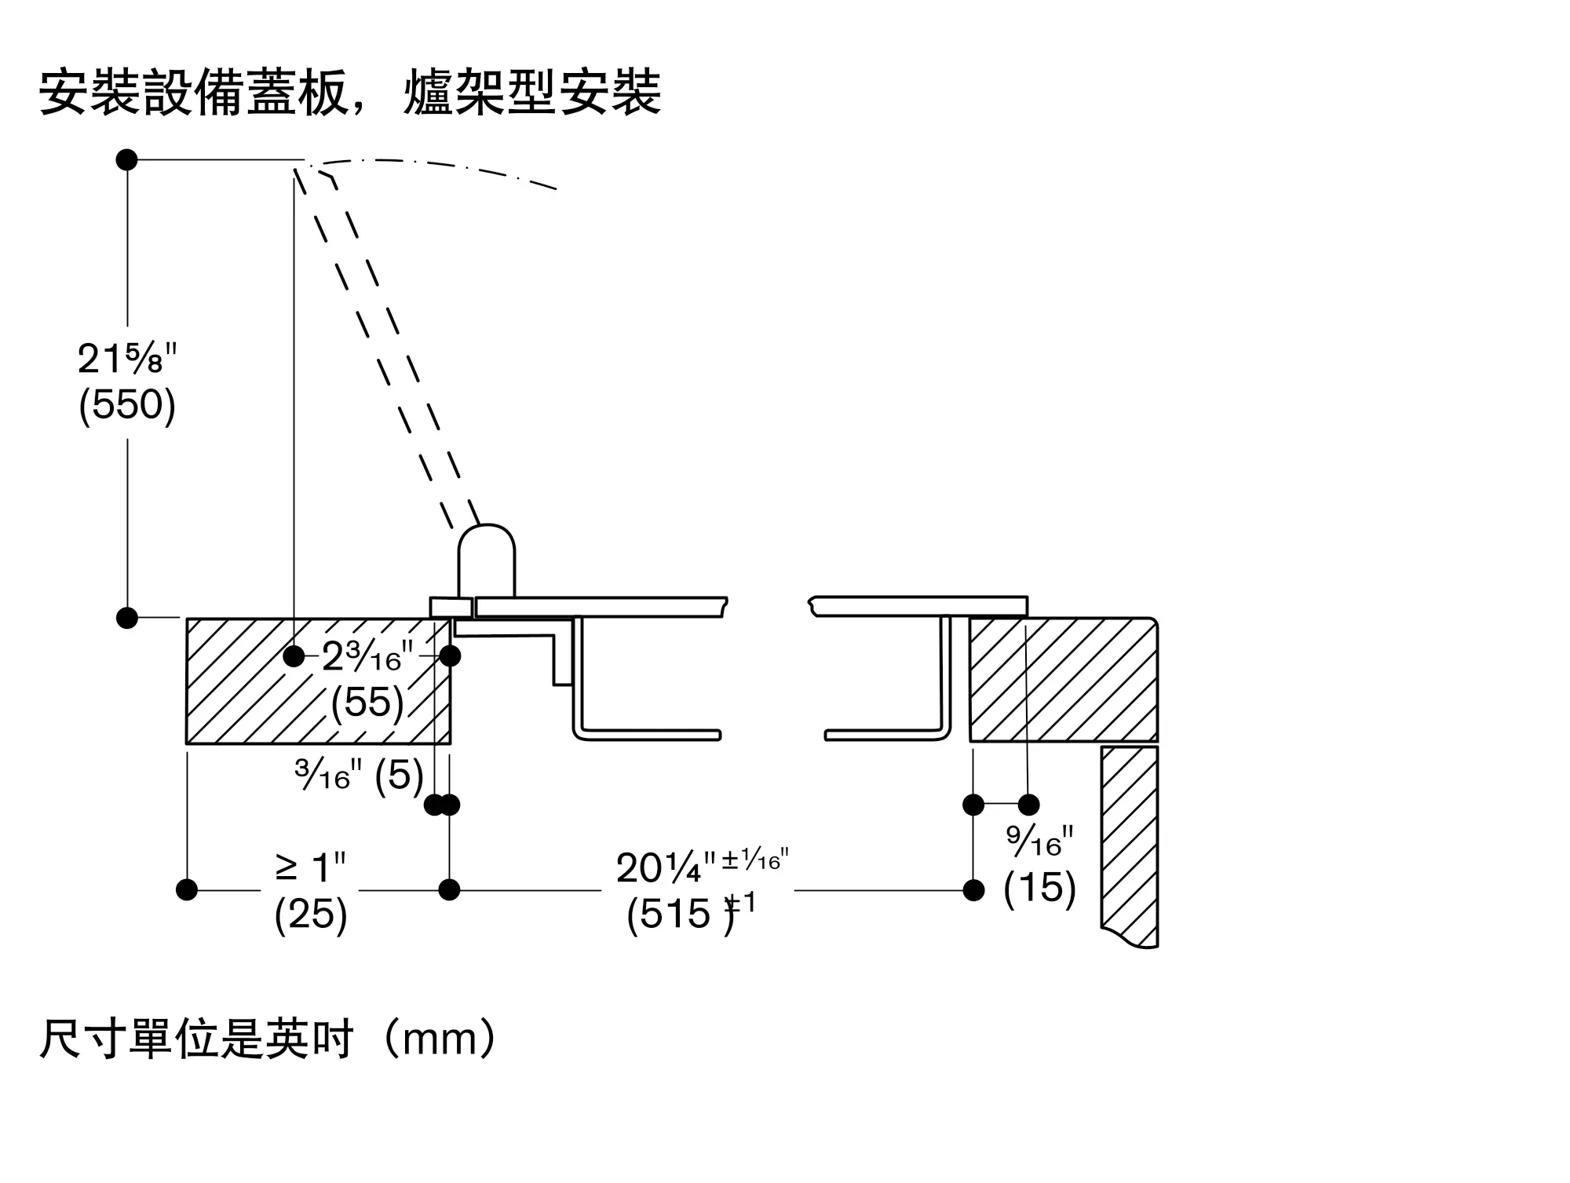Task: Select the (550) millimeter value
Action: pos(127,405)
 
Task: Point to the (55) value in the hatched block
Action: pos(367,702)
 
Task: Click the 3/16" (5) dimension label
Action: pos(360,776)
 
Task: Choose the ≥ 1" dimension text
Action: pos(311,868)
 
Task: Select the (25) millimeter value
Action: pos(311,914)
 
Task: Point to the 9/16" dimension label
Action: pos(1039,842)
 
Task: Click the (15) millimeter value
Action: pos(1039,887)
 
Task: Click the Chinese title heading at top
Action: pos(350,93)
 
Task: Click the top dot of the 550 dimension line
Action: pos(127,160)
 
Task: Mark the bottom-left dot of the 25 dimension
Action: pos(187,889)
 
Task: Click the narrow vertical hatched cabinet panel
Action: pos(1129,844)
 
